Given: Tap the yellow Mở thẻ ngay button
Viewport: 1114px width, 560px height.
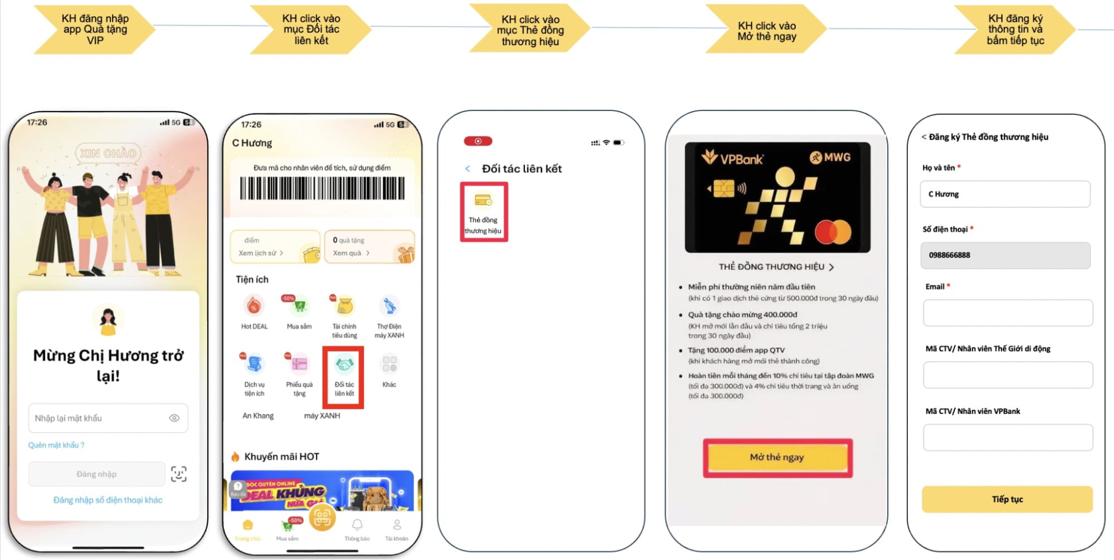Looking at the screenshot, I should (x=777, y=457).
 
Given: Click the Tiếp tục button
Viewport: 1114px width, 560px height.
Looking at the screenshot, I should (x=1007, y=499).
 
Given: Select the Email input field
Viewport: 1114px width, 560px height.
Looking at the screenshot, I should (x=1007, y=313).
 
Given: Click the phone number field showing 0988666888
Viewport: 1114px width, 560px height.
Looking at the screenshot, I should (x=1005, y=255).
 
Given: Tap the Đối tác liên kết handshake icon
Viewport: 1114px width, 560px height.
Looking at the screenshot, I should (x=344, y=366).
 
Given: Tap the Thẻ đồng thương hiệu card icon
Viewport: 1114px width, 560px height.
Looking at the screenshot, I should (x=483, y=200).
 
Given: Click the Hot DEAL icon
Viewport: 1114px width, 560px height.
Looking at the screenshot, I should (x=254, y=306).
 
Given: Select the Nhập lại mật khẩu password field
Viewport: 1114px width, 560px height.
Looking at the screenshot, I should (x=98, y=418).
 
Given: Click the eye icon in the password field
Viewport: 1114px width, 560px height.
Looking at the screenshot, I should (x=174, y=418).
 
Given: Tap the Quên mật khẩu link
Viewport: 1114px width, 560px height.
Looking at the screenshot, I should (x=56, y=445).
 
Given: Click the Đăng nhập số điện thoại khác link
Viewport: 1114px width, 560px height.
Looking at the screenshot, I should (x=108, y=500).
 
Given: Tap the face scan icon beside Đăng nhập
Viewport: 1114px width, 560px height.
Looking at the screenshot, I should (x=178, y=474).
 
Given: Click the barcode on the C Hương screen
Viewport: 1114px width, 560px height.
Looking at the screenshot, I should (x=322, y=188).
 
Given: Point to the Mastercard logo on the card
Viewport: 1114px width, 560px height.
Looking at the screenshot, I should (x=833, y=232).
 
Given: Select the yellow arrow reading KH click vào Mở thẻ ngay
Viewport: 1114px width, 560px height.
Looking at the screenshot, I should (x=767, y=31).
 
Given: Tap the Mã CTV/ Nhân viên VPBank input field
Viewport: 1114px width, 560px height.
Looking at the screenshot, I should (x=1007, y=437).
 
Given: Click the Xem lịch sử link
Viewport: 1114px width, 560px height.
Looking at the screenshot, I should (x=261, y=253).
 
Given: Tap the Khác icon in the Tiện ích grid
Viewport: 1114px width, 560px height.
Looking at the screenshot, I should (x=389, y=364).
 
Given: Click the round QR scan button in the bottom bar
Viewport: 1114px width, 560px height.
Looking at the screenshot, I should (x=322, y=518).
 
